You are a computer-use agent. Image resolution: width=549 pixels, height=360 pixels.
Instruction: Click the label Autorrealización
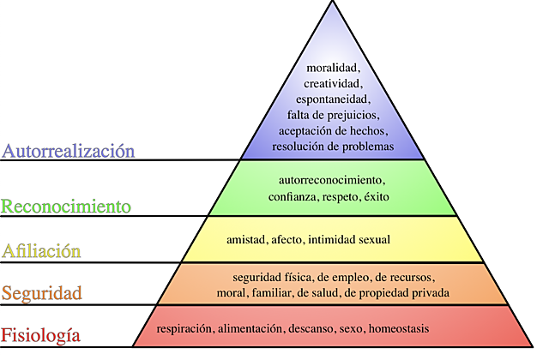(x=69, y=152)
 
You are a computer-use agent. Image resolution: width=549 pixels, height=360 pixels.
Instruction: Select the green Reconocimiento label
(x=66, y=207)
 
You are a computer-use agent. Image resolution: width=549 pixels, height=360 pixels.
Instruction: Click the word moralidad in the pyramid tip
(x=333, y=68)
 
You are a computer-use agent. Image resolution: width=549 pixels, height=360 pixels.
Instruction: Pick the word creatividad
(x=333, y=83)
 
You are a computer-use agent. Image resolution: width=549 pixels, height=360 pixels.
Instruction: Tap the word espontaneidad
(x=333, y=99)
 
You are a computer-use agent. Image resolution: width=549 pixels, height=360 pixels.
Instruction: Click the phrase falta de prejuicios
(x=333, y=115)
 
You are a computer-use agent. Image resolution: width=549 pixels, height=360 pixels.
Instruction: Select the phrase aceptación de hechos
(x=333, y=130)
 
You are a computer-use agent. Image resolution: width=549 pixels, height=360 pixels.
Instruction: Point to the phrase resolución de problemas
(x=333, y=147)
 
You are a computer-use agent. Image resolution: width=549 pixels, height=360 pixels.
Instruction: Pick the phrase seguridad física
(x=271, y=278)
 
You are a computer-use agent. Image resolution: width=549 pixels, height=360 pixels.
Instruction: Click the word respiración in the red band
(x=184, y=329)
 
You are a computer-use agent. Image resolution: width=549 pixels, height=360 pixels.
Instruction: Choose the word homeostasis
(x=399, y=329)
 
